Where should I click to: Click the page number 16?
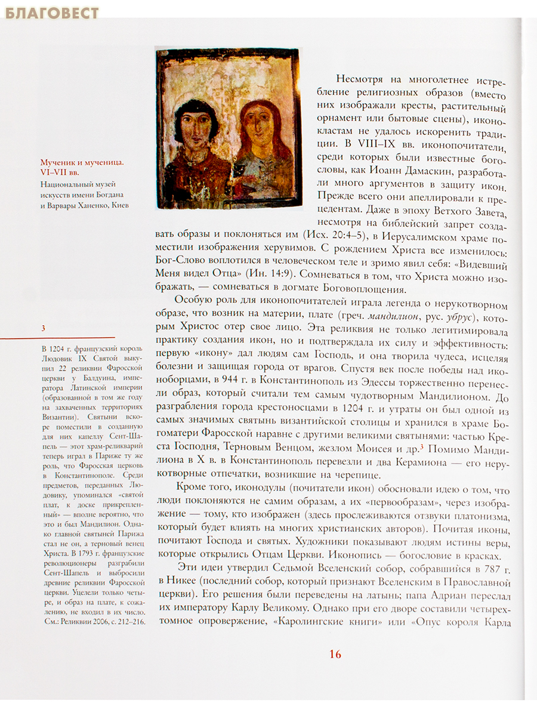point(335,654)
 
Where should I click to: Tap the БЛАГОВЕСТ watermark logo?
point(53,13)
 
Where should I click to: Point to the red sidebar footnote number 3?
point(43,328)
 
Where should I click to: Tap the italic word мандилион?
point(401,314)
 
